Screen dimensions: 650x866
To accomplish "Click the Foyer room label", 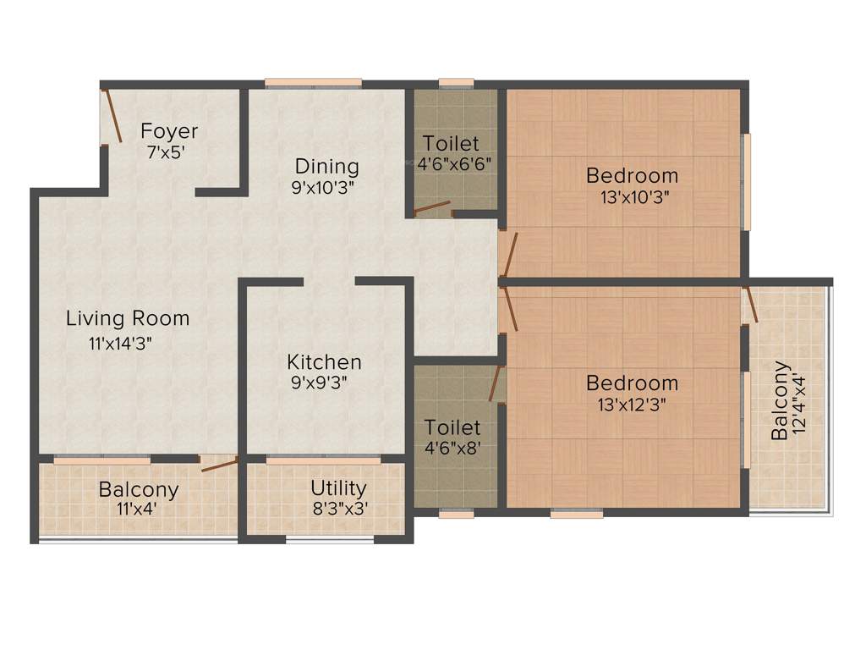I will click(169, 131).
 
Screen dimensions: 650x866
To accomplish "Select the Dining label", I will click(326, 166).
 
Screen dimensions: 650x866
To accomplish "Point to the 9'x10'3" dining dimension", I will click(322, 188).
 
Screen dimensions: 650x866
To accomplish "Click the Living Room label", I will click(128, 319).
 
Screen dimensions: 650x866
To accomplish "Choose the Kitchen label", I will click(324, 362).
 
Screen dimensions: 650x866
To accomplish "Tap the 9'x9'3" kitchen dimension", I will click(319, 383).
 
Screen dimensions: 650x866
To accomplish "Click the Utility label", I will click(338, 488).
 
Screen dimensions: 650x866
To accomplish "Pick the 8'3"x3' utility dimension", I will click(340, 509).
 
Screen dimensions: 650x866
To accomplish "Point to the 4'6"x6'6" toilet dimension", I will click(454, 163).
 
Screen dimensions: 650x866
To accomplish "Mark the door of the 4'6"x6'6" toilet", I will click(431, 207).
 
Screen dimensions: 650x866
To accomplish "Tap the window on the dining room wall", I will click(313, 83).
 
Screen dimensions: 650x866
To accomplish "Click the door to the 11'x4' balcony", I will click(218, 463).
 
